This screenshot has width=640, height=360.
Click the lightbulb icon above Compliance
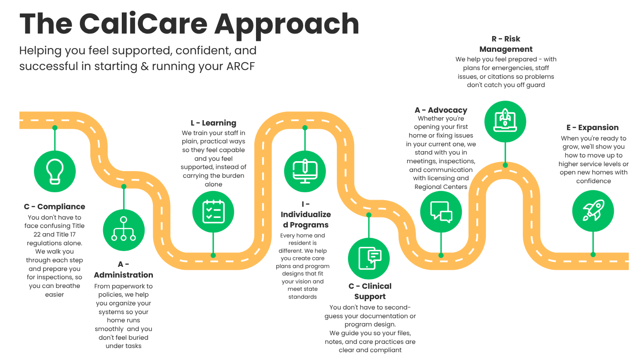tap(55, 171)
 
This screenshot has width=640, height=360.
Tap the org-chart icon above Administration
tap(123, 230)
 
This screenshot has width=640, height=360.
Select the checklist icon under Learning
tap(213, 212)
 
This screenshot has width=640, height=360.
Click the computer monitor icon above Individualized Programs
tap(305, 171)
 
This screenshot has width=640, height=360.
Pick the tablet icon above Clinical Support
tap(369, 259)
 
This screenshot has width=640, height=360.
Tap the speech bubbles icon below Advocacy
tap(441, 212)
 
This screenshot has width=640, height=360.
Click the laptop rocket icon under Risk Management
tap(505, 121)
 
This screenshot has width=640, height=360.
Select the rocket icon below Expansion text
tap(593, 211)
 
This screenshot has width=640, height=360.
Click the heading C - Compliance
tap(54, 206)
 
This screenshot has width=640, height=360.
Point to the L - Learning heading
tap(213, 123)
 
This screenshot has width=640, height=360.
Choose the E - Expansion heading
tap(592, 127)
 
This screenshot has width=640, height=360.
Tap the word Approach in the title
tap(287, 25)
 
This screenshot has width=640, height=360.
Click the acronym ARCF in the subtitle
tap(240, 66)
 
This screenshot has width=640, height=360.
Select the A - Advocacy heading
tap(441, 110)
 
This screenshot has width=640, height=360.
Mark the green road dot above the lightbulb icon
tap(55, 128)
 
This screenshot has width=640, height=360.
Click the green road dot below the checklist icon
tap(213, 255)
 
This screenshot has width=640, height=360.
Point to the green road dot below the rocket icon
tap(593, 254)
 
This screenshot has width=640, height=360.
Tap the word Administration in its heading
tap(123, 275)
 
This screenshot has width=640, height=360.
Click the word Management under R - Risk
tap(506, 49)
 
